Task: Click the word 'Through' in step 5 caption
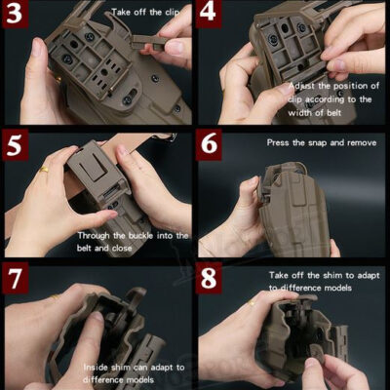101,234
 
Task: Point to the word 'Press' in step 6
281,142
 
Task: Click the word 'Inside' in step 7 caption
100,366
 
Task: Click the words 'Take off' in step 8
290,275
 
